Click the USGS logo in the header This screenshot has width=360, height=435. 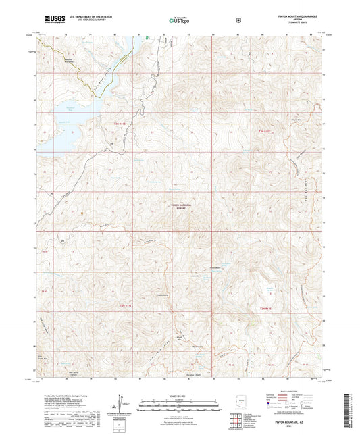49,21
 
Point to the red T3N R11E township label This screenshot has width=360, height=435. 120,123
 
